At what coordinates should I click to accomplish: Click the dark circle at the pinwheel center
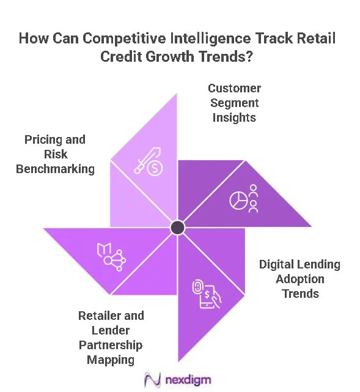tap(177, 227)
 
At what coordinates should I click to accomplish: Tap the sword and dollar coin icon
tap(149, 161)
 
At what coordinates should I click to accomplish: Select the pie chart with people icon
tap(244, 199)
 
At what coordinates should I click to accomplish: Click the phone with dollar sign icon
tap(207, 294)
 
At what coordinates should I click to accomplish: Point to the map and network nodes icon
tap(111, 257)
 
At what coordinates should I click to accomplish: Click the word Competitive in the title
tap(124, 39)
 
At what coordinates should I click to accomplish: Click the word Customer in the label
tap(234, 88)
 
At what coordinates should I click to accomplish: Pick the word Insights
tap(234, 117)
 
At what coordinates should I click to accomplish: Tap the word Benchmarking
tap(55, 169)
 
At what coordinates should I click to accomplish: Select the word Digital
tap(277, 265)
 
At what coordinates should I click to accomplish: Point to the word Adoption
tap(300, 279)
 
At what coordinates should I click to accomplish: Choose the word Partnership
tap(111, 346)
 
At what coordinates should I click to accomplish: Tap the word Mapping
tap(111, 360)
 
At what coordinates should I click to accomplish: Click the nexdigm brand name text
tap(188, 380)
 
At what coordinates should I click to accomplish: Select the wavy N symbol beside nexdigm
tap(152, 380)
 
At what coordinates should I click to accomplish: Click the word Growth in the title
tap(169, 56)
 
